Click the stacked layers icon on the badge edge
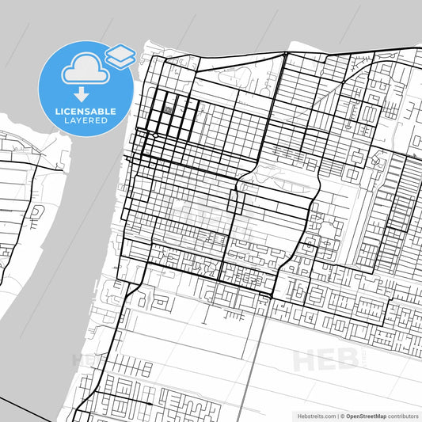click(x=120, y=55)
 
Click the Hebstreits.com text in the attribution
click(x=314, y=415)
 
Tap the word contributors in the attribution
click(x=402, y=415)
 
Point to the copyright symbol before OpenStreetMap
click(x=341, y=415)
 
